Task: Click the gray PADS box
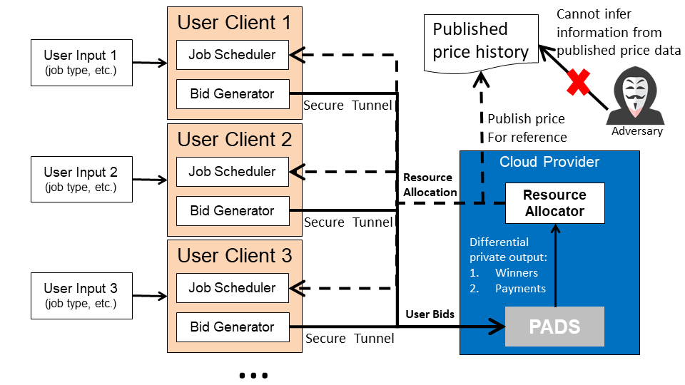point(554,327)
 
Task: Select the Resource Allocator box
point(555,203)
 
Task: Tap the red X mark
point(578,82)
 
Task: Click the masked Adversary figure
point(636,96)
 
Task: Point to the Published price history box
point(481,43)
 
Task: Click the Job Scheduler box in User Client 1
point(233,55)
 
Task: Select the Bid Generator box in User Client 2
point(233,211)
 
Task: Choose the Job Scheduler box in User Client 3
point(233,288)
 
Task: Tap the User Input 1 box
point(81,63)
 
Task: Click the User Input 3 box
point(81,295)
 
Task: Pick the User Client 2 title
point(235,140)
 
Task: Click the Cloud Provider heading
point(549,162)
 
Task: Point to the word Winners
point(517,273)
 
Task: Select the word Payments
point(520,289)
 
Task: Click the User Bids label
point(430,314)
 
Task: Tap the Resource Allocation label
point(430,185)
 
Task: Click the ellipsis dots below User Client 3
point(253,376)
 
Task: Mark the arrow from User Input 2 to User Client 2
point(150,180)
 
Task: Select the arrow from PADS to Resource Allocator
point(555,265)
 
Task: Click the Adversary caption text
point(637,131)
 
